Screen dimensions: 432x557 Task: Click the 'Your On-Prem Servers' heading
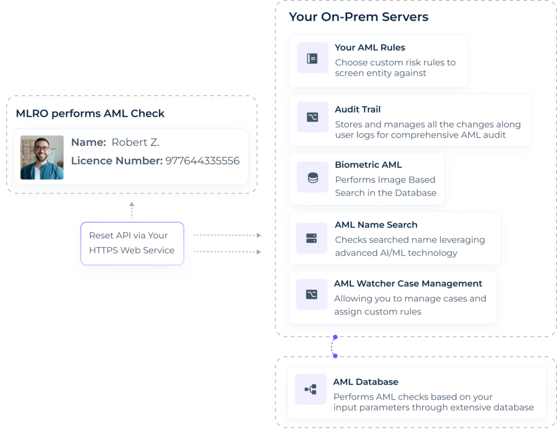[358, 17]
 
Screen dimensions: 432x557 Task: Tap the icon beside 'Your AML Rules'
[312, 58]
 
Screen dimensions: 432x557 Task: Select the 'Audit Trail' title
[357, 109]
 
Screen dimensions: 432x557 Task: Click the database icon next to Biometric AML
[312, 177]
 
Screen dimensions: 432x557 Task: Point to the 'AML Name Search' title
[376, 225]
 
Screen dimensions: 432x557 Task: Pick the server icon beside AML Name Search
[312, 238]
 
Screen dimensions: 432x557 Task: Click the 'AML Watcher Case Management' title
[408, 283]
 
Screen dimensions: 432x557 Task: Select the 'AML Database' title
[366, 382]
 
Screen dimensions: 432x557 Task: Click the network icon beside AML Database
[311, 389]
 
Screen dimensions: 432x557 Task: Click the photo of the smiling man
[42, 158]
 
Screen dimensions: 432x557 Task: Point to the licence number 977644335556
[202, 161]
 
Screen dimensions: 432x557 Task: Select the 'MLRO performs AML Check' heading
[90, 114]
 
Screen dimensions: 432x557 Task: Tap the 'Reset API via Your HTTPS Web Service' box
[132, 243]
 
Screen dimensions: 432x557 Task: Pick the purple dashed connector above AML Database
[333, 347]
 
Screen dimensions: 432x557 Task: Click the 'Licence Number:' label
[116, 161]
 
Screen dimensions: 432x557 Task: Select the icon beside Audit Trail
[312, 117]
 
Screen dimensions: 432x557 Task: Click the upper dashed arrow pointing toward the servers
[228, 236]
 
